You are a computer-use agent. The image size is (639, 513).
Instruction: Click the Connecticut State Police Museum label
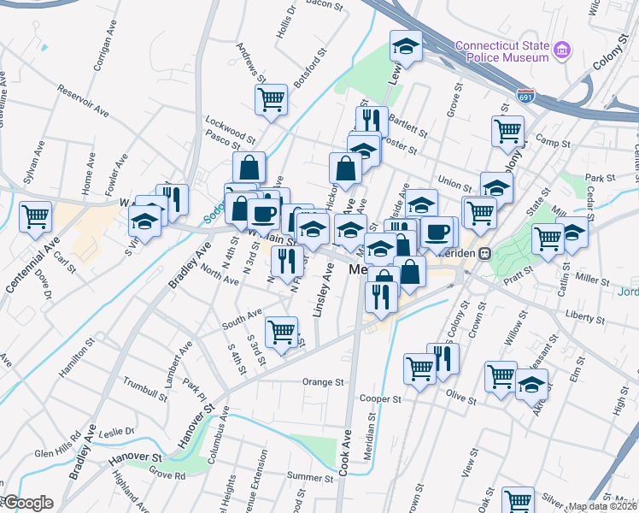(x=501, y=51)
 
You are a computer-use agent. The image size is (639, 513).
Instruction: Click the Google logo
(x=27, y=503)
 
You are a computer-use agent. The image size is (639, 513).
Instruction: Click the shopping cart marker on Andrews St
(x=272, y=98)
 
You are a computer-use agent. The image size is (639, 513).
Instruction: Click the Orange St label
(x=322, y=382)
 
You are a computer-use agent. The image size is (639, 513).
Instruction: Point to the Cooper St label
(x=380, y=399)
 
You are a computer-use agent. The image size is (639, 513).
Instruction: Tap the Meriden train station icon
(x=484, y=253)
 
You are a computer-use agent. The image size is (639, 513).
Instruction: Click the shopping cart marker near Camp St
(x=507, y=131)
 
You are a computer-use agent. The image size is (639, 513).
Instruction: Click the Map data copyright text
(x=603, y=506)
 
